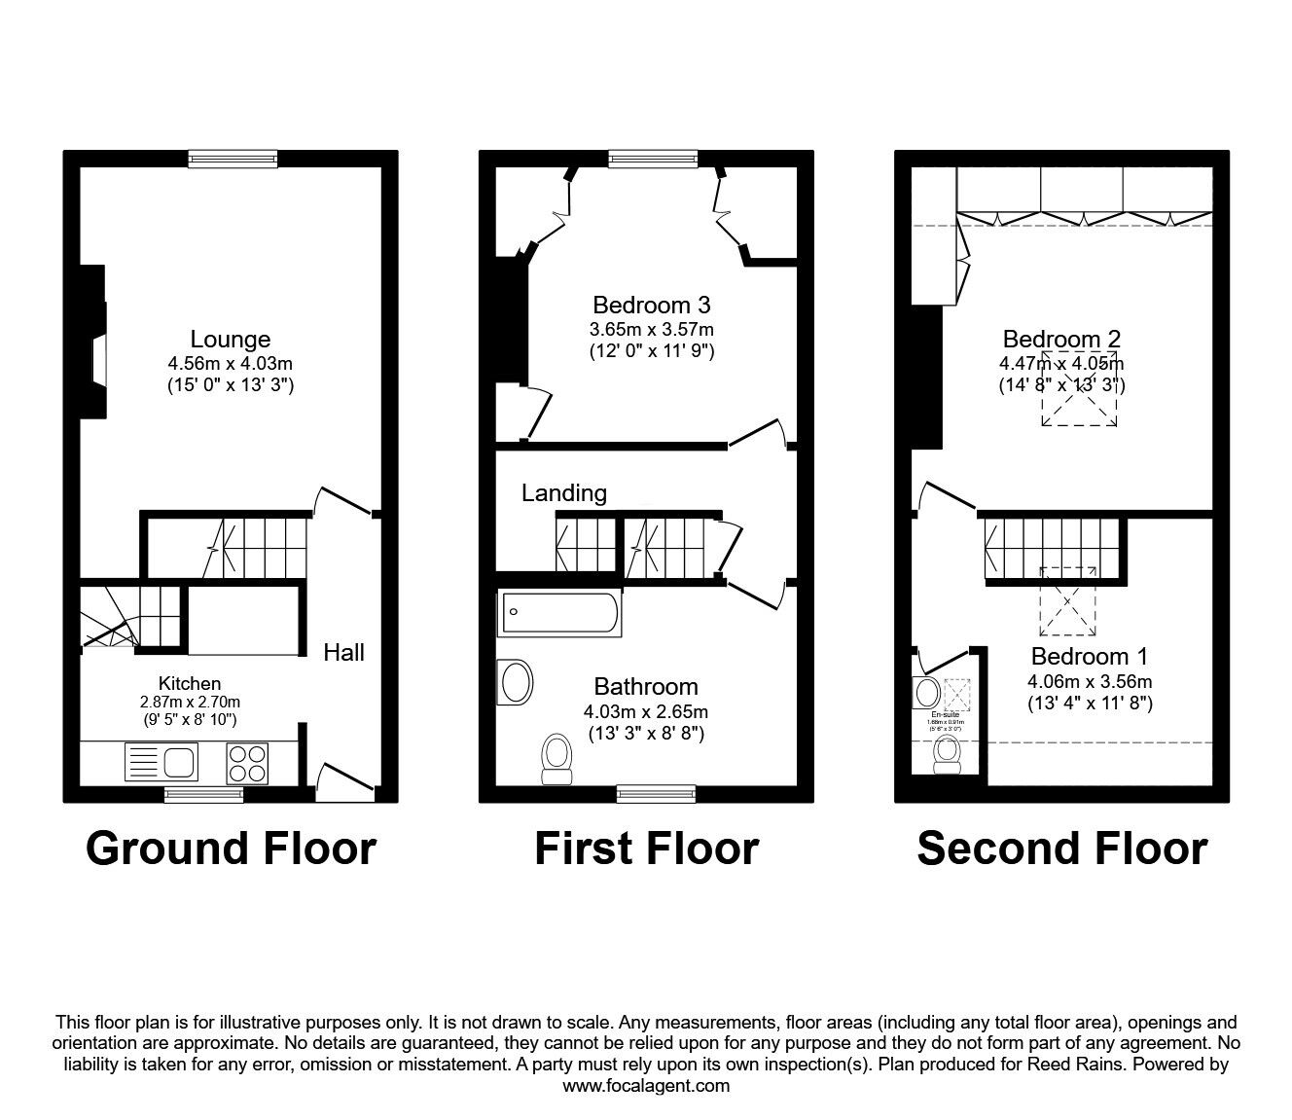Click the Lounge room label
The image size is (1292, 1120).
[x=230, y=340]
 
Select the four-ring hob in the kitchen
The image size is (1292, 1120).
[x=247, y=762]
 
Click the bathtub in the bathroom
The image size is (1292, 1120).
[x=559, y=615]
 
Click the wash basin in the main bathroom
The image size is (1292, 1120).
[x=515, y=682]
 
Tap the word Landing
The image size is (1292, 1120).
[x=563, y=493]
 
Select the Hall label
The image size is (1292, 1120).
[x=343, y=652]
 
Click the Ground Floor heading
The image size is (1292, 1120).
[x=231, y=849]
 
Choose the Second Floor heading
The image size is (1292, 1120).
[x=1061, y=849]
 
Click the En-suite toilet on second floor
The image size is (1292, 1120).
[x=947, y=754]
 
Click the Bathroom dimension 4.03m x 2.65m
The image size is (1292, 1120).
[x=646, y=711]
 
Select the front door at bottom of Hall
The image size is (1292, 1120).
[x=345, y=780]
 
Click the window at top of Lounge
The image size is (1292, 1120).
[x=233, y=159]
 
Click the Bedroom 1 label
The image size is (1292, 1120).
[x=1090, y=656]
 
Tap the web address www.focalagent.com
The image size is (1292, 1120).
[x=646, y=1085]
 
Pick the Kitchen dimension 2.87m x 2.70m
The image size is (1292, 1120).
[x=190, y=702]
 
